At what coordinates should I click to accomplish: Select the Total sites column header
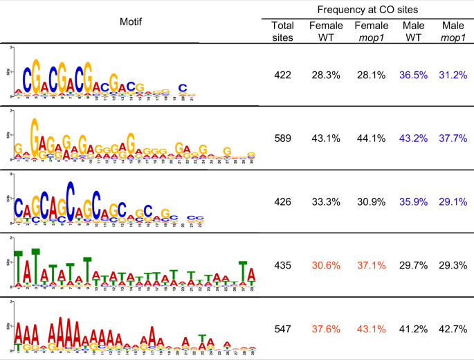pyautogui.click(x=282, y=31)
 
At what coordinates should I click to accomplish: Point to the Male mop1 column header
pyautogui.click(x=453, y=31)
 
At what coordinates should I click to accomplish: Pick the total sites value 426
pyautogui.click(x=282, y=204)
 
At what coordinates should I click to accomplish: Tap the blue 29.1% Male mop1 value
pyautogui.click(x=453, y=204)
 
